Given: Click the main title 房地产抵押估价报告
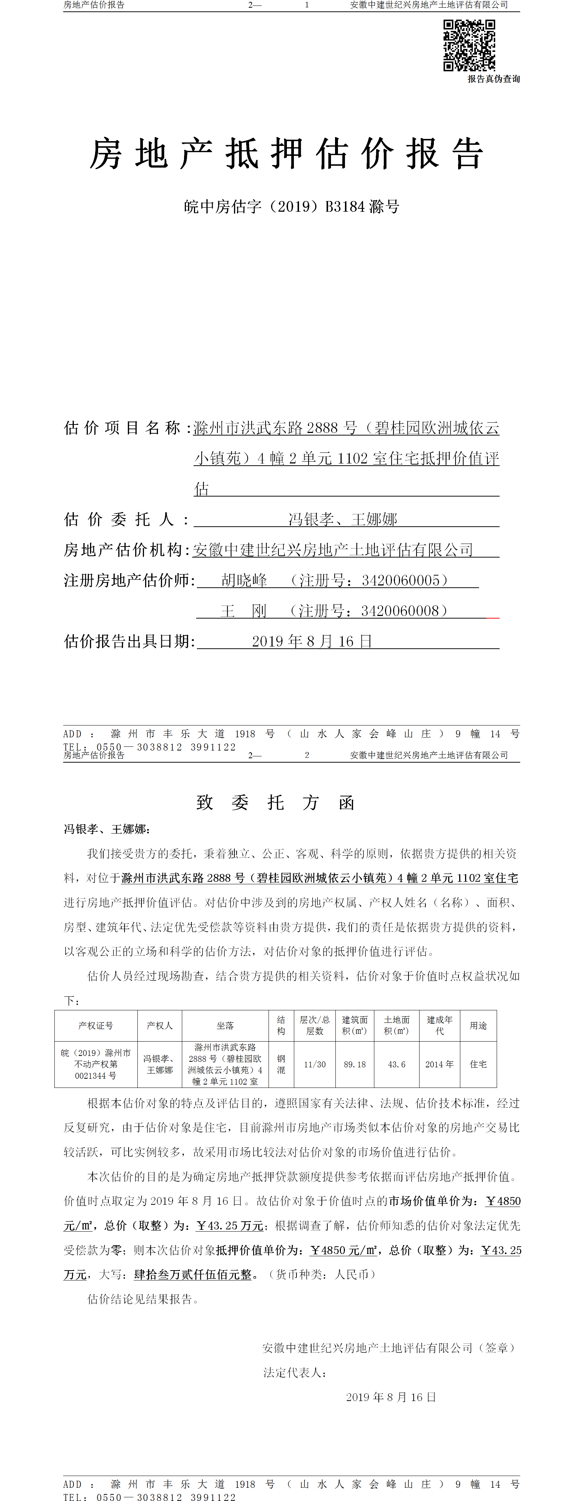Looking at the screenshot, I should pos(287,154).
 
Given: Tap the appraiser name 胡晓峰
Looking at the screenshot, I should pos(244,580).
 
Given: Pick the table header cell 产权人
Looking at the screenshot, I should pos(159,1025).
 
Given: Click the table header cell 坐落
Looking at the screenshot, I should pos(226,1025).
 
